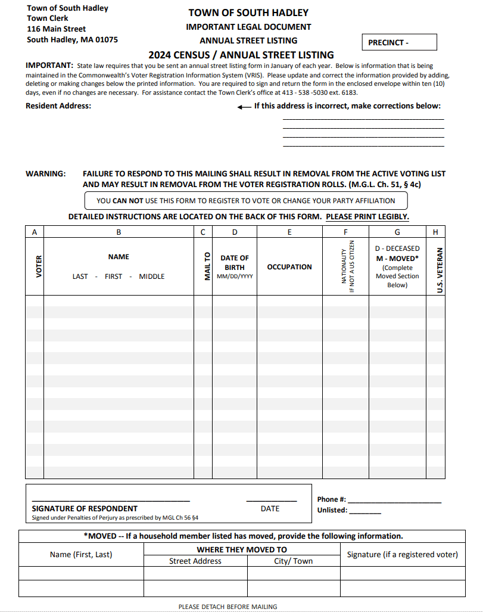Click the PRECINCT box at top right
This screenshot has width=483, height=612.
click(399, 42)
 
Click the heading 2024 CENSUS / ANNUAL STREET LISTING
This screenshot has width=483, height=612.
click(241, 55)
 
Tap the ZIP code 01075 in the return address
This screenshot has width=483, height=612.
click(105, 39)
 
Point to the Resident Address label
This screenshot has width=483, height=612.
click(58, 105)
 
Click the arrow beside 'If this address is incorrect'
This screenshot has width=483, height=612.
click(244, 107)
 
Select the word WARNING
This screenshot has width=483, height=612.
click(46, 173)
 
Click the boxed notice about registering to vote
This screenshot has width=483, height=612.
click(246, 201)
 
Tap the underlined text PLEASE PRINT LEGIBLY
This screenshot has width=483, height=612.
click(367, 216)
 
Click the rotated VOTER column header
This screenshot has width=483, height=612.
click(34, 266)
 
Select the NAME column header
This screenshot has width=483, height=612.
click(119, 257)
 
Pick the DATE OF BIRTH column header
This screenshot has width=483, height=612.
click(235, 263)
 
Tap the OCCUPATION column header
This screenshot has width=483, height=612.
click(289, 267)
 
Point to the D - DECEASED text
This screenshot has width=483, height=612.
click(397, 248)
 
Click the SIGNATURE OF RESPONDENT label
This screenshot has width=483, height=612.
click(85, 508)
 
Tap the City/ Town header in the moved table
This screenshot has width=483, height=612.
click(293, 561)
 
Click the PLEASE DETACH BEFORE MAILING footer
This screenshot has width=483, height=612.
click(228, 607)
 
